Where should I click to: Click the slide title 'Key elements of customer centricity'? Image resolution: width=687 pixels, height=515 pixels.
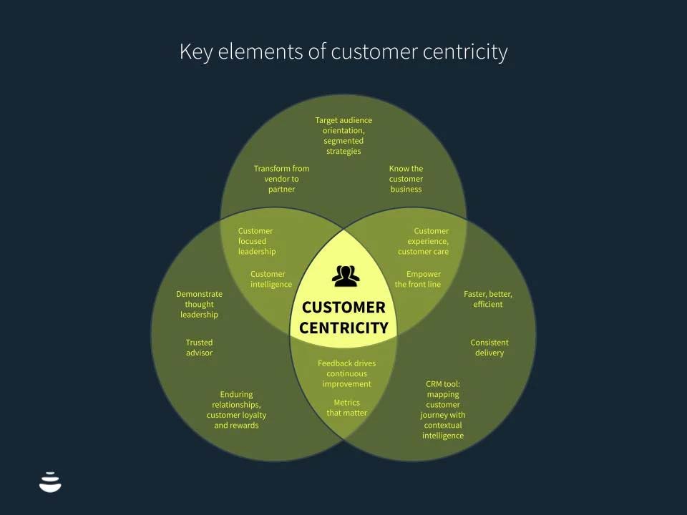pyautogui.click(x=343, y=52)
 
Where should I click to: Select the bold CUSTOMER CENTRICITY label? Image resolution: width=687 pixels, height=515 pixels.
pyautogui.click(x=343, y=318)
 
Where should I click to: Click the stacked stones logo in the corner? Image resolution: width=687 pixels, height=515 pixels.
pyautogui.click(x=50, y=482)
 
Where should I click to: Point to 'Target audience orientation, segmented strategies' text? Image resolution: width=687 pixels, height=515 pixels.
pyautogui.click(x=343, y=136)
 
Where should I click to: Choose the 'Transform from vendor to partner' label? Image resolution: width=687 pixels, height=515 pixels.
pyautogui.click(x=281, y=179)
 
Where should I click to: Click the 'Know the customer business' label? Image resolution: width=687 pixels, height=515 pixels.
pyautogui.click(x=406, y=179)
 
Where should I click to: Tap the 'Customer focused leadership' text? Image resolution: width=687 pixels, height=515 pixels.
pyautogui.click(x=256, y=241)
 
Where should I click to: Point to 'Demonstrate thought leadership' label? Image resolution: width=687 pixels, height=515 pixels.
pyautogui.click(x=199, y=304)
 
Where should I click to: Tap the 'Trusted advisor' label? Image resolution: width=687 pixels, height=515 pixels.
pyautogui.click(x=199, y=348)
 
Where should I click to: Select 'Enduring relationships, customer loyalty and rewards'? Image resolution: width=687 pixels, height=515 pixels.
pyautogui.click(x=236, y=410)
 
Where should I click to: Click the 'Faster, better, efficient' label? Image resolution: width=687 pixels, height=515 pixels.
pyautogui.click(x=488, y=299)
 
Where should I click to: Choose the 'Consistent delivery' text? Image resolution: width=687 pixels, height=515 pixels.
pyautogui.click(x=489, y=348)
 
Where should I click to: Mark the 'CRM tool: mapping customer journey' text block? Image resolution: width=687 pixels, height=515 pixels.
pyautogui.click(x=443, y=410)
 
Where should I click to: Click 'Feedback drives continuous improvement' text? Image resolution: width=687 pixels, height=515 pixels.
pyautogui.click(x=346, y=373)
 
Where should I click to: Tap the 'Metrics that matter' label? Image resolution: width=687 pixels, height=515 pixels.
pyautogui.click(x=346, y=408)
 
